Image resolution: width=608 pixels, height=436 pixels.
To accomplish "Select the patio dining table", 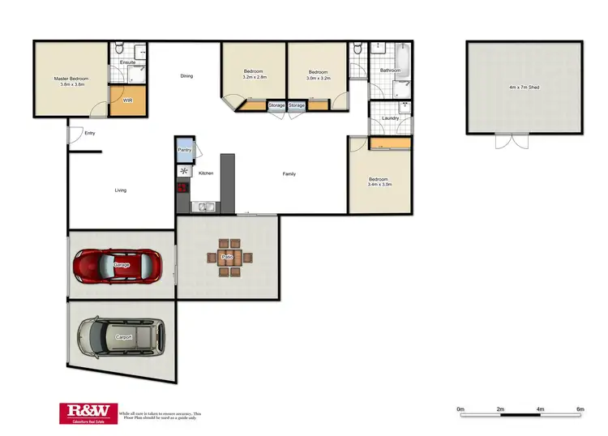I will point(230,258).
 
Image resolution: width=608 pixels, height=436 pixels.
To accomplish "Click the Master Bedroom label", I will point(71,79).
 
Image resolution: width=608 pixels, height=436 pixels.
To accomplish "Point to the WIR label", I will point(127,100).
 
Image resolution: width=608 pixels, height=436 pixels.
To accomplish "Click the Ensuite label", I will point(127,62).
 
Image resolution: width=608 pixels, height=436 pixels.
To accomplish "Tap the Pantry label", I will point(184,150).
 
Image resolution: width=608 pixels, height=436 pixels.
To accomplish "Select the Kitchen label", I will point(206,173).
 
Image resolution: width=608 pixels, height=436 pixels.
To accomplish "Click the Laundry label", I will point(390,119).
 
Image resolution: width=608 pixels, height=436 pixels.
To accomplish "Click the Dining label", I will point(186,76).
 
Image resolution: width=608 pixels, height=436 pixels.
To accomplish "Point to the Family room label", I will point(289,174).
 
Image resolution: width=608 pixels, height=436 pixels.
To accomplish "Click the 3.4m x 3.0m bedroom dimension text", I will point(379,185).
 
